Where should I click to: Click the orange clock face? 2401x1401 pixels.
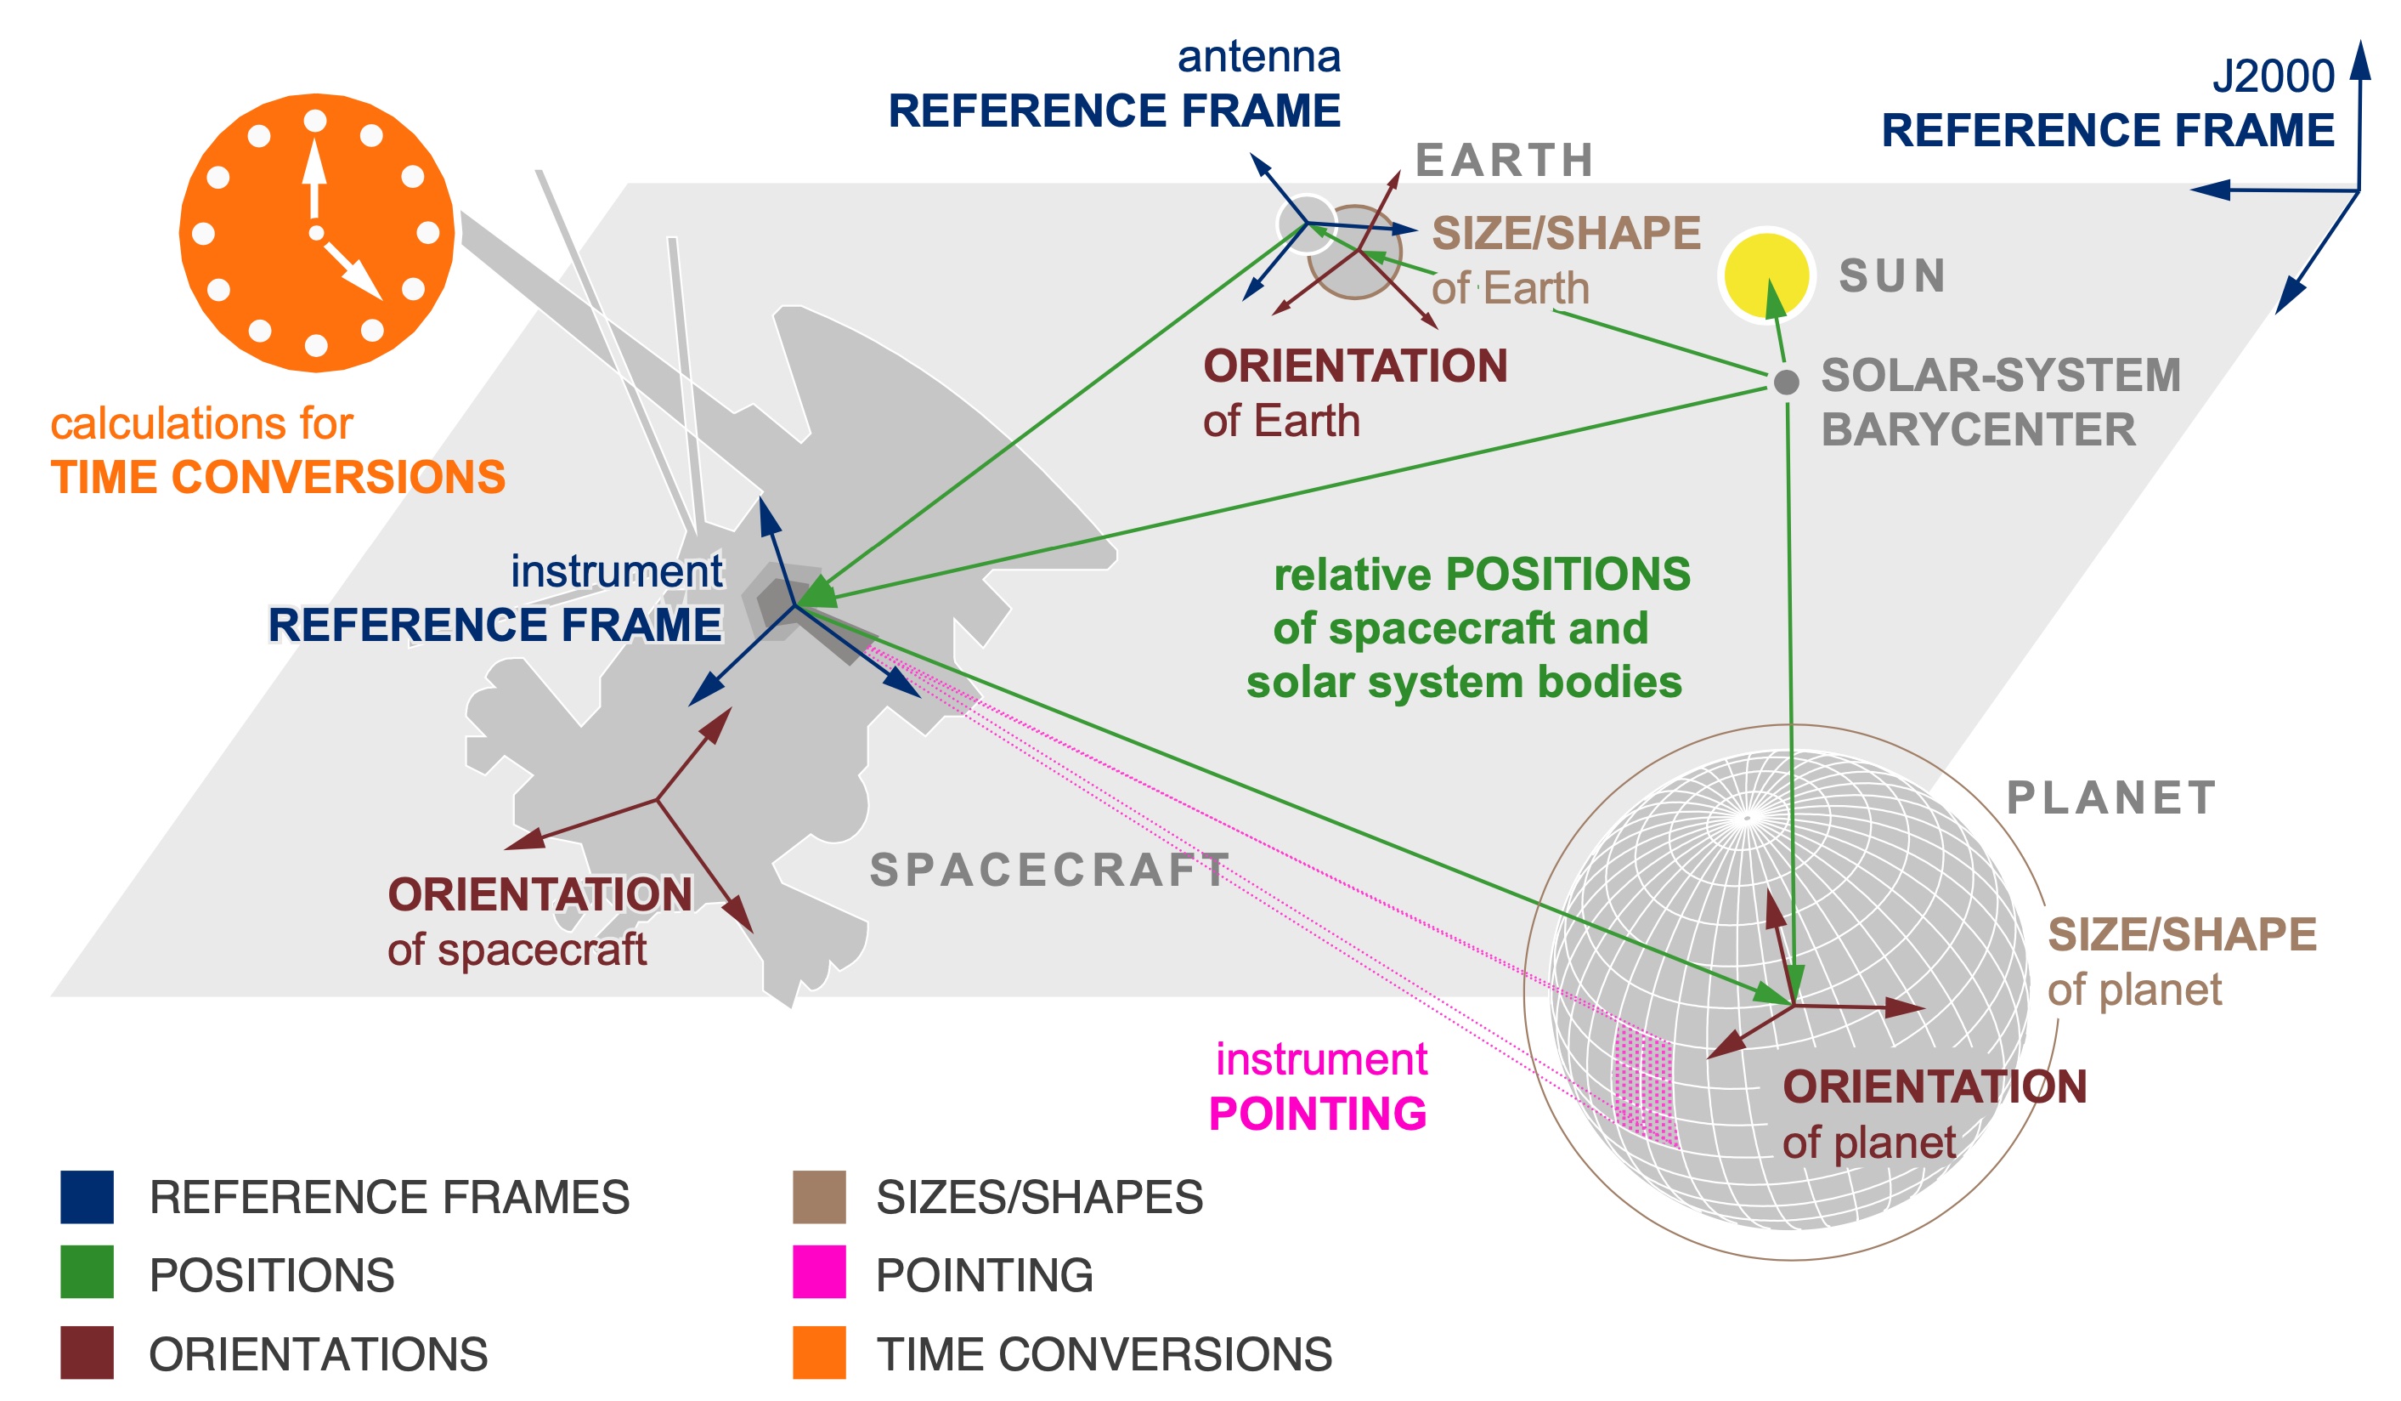coord(315,233)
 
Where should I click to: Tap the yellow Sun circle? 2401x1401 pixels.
coord(1765,275)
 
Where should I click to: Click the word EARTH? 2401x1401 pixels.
coord(1504,160)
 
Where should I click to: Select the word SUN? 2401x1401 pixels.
coord(1892,276)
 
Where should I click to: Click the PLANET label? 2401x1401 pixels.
coord(2110,798)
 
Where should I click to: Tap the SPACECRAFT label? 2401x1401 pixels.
coord(1049,871)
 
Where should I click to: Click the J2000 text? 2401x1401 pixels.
coord(2273,77)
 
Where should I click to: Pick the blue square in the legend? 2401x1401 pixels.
coord(87,1197)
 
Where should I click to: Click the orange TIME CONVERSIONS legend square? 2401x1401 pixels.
coord(818,1352)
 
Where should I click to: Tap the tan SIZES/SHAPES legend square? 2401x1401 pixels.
coord(818,1197)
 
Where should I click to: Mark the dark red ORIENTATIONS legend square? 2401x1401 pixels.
coord(87,1352)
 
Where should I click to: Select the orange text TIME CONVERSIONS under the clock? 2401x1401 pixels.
coord(277,478)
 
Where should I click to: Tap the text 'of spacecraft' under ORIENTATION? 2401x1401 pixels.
coord(517,950)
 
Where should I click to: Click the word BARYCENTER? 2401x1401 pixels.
coord(1978,430)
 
